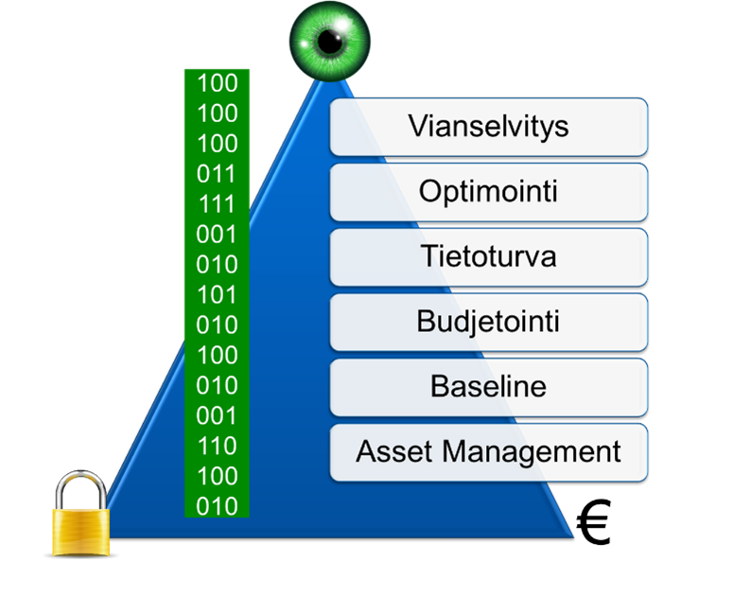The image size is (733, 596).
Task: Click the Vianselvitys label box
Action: click(488, 127)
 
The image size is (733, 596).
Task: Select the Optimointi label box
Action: click(488, 192)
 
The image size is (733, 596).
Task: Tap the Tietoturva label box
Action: click(488, 256)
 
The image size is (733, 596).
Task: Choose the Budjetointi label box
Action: click(488, 322)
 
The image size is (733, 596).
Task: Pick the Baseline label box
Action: click(488, 387)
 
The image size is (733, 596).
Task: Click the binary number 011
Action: click(217, 174)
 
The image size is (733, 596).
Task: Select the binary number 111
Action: click(217, 204)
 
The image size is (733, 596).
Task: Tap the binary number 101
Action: click(217, 295)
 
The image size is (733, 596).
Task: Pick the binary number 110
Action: click(217, 447)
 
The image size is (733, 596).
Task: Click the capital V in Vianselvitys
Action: click(417, 127)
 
